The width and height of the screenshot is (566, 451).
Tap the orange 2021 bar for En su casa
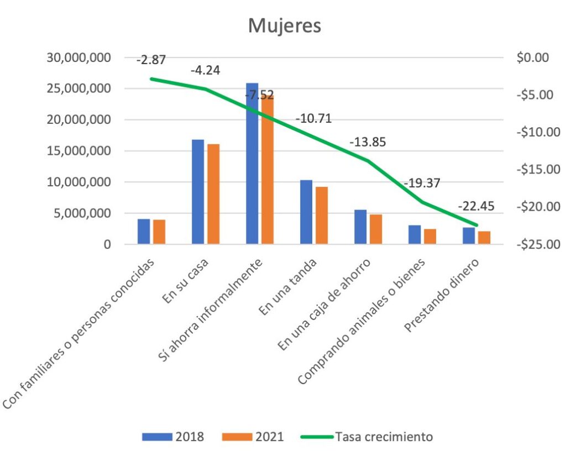(x=213, y=194)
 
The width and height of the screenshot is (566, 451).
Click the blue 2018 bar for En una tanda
(x=306, y=212)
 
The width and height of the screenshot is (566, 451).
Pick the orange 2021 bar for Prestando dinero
(x=484, y=238)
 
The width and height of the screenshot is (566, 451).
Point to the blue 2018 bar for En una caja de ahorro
(x=360, y=227)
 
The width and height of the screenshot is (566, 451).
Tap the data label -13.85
(x=368, y=141)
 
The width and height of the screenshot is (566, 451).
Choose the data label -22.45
(x=476, y=207)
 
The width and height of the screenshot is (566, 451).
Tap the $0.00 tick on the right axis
(x=531, y=57)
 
